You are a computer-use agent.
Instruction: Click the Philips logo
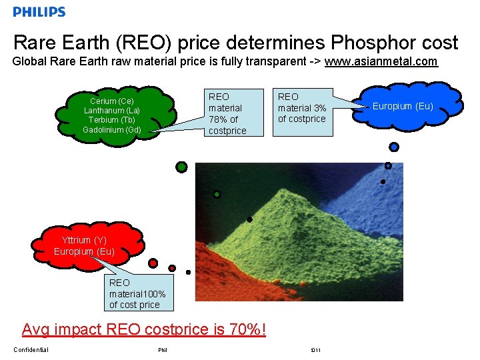pos(39,11)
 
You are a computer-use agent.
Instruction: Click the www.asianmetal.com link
pos(381,62)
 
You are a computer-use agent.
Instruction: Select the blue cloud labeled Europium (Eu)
pos(403,106)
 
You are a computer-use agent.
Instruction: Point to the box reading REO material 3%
pos(302,108)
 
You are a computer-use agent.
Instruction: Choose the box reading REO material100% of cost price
pos(137,293)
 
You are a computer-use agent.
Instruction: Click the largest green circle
pos(181,167)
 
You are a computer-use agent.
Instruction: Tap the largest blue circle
pos(394,147)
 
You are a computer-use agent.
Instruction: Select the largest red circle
pos(153,263)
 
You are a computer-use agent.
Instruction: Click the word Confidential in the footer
pos(31,350)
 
